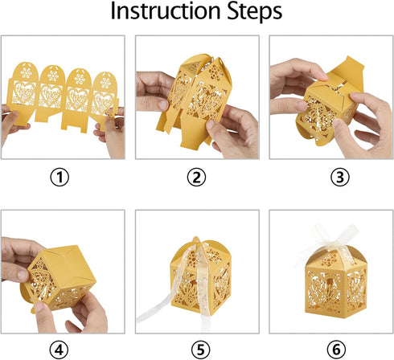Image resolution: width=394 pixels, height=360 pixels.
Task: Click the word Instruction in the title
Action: coord(166,10)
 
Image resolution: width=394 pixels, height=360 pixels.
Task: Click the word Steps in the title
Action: coord(255,12)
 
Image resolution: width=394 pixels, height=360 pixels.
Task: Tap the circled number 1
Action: coord(60,177)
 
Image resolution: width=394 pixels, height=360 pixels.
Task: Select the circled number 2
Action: coord(196,177)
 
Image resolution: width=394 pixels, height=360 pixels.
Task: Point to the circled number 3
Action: coord(340,177)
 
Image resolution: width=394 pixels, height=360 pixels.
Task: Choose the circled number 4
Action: coord(59,350)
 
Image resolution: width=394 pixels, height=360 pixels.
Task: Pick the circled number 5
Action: coord(201,350)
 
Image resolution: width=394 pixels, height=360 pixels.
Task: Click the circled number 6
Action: coord(336,350)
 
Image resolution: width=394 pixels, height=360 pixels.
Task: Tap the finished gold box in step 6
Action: coord(336,283)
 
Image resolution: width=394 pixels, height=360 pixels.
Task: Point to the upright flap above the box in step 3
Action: coord(348,72)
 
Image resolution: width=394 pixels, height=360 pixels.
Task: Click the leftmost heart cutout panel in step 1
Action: coord(24,93)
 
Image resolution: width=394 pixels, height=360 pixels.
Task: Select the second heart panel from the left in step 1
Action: coord(51,96)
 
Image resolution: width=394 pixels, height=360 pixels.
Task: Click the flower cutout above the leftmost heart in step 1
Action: coord(26,72)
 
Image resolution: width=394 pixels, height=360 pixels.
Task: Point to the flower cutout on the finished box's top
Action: coord(329,260)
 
